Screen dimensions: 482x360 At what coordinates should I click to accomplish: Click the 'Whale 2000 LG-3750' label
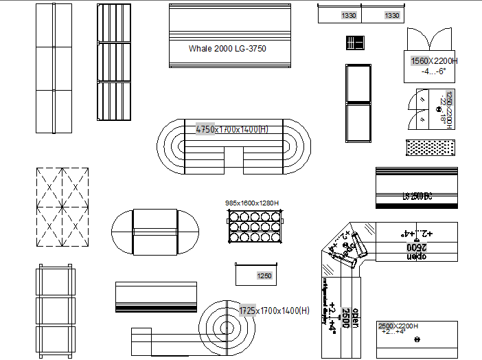click(x=227, y=49)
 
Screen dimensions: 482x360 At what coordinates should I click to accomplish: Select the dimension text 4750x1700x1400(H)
click(x=232, y=129)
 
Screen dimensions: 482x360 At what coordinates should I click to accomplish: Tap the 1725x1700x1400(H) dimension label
click(x=274, y=311)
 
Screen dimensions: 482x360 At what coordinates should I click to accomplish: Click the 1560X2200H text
click(x=434, y=61)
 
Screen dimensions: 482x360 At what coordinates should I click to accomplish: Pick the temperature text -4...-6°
click(x=434, y=71)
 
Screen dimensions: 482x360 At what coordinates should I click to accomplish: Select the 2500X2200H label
click(x=398, y=326)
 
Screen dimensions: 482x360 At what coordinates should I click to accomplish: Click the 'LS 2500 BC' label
click(x=417, y=196)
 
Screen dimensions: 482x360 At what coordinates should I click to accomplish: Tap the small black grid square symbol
click(x=354, y=43)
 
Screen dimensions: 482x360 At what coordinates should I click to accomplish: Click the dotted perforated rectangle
click(x=431, y=148)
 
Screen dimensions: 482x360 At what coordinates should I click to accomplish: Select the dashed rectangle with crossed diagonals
click(x=62, y=206)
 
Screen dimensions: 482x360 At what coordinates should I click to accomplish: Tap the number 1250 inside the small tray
click(x=264, y=276)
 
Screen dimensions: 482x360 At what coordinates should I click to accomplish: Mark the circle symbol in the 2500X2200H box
click(x=417, y=340)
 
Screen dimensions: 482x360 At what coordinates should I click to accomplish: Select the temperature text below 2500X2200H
click(x=393, y=332)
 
